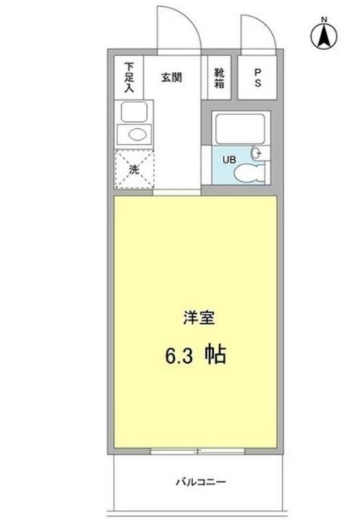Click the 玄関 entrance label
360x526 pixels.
click(x=170, y=76)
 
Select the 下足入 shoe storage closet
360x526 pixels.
click(x=130, y=77)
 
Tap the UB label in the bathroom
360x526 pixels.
click(x=227, y=159)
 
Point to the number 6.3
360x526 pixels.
click(x=177, y=355)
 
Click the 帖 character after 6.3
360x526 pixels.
click(x=215, y=355)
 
